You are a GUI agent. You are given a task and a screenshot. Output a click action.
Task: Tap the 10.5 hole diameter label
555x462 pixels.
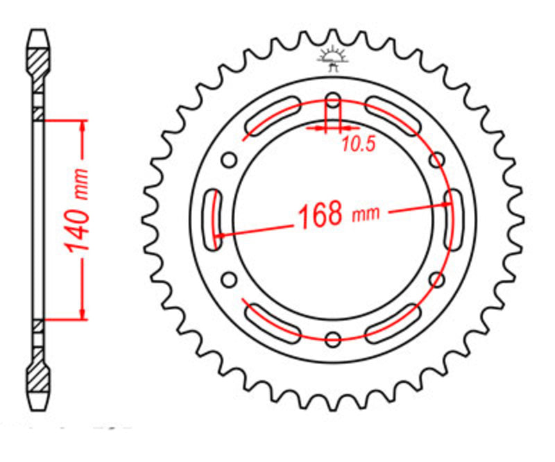(x=358, y=144)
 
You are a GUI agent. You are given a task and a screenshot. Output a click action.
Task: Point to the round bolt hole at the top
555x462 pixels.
(x=333, y=102)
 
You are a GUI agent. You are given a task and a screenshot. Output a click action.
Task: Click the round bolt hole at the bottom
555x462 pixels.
(x=333, y=339)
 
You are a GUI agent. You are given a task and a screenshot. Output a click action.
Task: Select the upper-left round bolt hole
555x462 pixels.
(x=228, y=161)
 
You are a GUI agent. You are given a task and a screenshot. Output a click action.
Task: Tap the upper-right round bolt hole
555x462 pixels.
(x=437, y=161)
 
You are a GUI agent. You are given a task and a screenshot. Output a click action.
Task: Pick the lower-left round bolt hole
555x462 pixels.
(x=228, y=280)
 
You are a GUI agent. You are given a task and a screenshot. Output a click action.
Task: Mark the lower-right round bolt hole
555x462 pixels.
(x=437, y=280)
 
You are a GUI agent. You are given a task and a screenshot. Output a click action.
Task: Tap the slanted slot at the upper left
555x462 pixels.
(x=273, y=116)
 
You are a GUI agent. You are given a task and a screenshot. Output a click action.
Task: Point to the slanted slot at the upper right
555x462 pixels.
(x=393, y=116)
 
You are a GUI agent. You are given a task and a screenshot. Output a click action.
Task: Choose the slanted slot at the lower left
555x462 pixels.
(x=273, y=324)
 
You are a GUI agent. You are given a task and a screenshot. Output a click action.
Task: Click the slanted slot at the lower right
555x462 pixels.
(x=393, y=324)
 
